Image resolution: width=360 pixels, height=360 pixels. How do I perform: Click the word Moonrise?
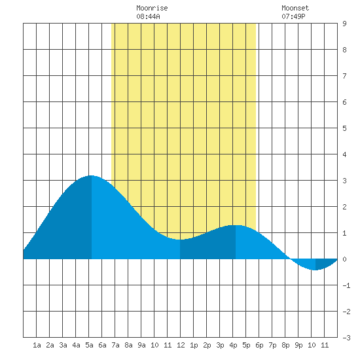(152, 8)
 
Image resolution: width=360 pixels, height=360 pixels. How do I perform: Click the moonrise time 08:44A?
(148, 16)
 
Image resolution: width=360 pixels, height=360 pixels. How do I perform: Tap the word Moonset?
(295, 8)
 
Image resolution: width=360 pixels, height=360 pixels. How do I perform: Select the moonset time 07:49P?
(293, 16)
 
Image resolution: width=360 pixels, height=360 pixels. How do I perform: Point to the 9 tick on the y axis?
(344, 24)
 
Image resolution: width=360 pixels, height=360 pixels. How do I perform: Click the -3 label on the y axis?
(346, 338)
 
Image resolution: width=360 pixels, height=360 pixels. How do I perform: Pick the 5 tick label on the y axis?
(344, 128)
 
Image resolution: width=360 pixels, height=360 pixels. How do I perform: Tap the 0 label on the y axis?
(344, 259)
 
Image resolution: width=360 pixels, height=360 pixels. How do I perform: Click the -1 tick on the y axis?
(346, 285)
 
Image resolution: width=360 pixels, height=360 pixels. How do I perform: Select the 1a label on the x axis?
(37, 345)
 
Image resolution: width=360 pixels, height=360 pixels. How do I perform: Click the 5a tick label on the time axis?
(89, 345)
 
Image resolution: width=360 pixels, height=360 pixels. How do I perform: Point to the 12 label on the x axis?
(181, 345)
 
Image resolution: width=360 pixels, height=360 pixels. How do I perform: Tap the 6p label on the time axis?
(259, 345)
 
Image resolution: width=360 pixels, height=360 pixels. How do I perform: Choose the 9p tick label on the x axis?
(298, 345)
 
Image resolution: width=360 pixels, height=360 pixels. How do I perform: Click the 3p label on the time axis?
(220, 345)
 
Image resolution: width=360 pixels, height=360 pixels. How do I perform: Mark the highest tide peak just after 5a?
(92, 175)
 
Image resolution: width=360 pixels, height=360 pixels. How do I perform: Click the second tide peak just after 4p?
(236, 225)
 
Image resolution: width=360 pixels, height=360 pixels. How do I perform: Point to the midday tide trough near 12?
(180, 240)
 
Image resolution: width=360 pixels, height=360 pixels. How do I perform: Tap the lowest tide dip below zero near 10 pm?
(315, 270)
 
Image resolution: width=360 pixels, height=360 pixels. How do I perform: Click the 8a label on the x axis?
(128, 345)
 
